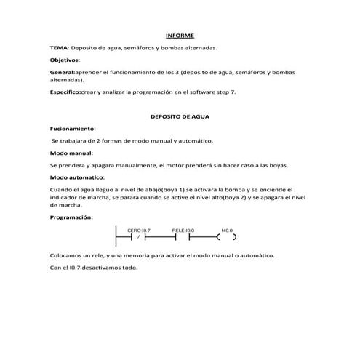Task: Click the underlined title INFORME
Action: [180, 34]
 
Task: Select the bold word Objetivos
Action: [65, 60]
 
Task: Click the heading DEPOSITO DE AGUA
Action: [180, 116]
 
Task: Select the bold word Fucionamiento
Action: [73, 128]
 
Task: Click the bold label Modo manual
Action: [71, 154]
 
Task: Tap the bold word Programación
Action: [71, 217]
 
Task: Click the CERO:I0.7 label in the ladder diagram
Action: [138, 230]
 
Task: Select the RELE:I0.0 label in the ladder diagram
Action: [183, 230]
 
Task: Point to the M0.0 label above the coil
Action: [226, 230]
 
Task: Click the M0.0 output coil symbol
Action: [226, 237]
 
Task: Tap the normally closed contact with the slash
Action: [138, 237]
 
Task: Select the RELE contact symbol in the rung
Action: [183, 237]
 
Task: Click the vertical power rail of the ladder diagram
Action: [116, 237]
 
